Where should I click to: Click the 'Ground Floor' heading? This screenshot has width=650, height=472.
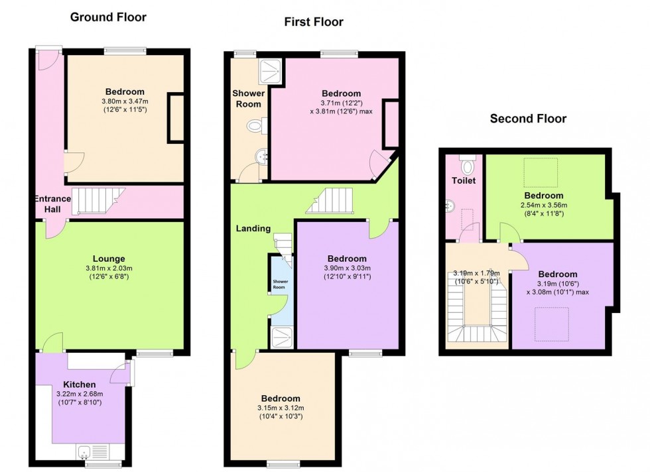tap(108, 17)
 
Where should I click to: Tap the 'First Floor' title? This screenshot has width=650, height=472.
tap(314, 22)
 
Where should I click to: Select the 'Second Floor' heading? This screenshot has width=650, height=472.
tap(528, 119)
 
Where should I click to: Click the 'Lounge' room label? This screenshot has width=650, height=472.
tap(109, 259)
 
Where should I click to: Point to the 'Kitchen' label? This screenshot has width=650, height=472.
tap(79, 384)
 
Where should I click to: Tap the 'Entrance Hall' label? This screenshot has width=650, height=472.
tap(52, 204)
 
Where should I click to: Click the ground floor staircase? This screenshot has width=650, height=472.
tap(98, 201)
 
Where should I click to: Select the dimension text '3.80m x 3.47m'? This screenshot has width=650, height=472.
tap(125, 101)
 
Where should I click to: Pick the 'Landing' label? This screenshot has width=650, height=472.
tap(253, 228)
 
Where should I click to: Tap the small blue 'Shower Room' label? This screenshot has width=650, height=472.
tap(280, 284)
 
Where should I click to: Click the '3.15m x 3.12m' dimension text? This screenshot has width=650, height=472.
tap(281, 408)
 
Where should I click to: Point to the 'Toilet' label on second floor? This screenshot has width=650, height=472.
tap(464, 181)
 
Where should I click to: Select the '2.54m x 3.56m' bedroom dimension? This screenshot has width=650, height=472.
tap(544, 205)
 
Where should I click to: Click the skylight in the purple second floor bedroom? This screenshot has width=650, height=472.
tap(551, 324)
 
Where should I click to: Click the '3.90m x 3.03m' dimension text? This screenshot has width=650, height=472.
tap(347, 268)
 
